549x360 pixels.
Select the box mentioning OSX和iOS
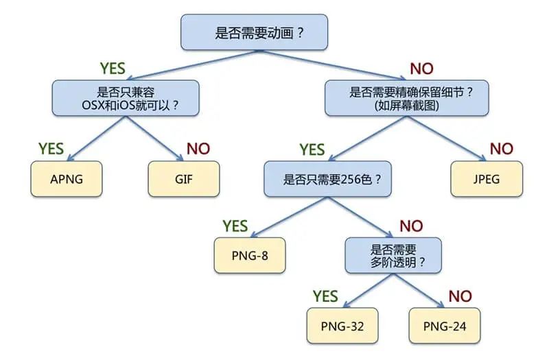(x=126, y=97)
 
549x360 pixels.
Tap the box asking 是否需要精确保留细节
(x=407, y=97)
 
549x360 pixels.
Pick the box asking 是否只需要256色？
(x=333, y=180)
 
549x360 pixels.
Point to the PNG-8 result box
(x=249, y=254)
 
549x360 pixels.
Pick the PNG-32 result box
(x=341, y=326)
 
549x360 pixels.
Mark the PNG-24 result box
(x=444, y=326)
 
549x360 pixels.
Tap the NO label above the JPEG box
(x=501, y=148)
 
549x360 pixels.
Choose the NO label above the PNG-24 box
(x=460, y=296)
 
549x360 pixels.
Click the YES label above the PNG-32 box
(x=325, y=296)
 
